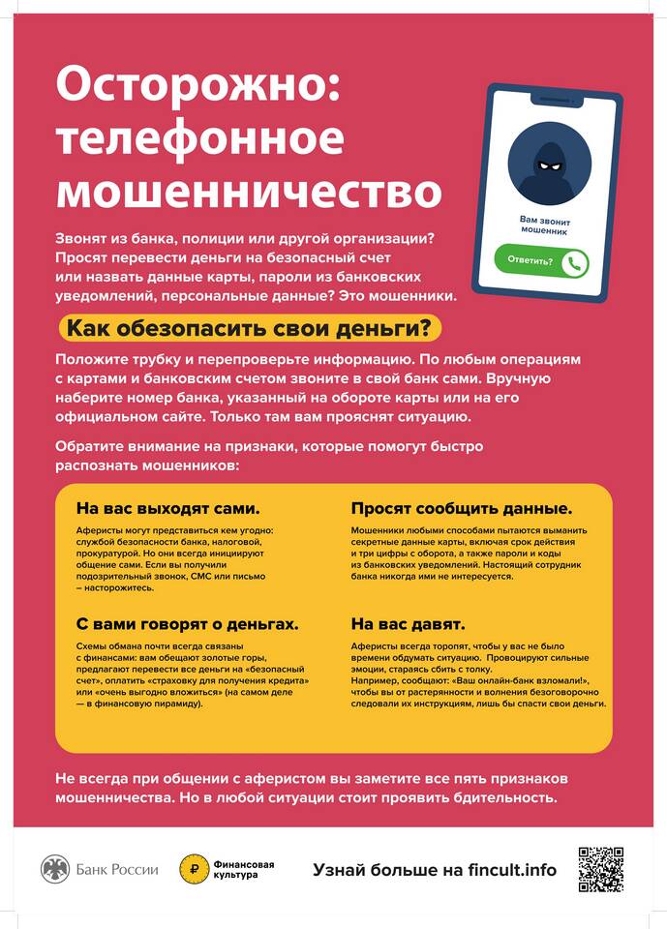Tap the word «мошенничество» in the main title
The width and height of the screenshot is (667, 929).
point(248,190)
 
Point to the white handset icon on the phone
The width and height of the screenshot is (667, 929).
point(576,261)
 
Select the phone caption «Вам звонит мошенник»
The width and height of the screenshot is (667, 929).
point(542,226)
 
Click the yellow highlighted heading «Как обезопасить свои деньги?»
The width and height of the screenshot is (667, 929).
point(251,328)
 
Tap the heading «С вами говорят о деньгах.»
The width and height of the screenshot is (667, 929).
point(187,623)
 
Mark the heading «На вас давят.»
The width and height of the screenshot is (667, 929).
point(408,623)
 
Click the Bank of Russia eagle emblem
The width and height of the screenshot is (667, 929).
point(55,869)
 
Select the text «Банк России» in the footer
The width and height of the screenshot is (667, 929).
point(117,869)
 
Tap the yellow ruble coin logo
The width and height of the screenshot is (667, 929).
point(194,869)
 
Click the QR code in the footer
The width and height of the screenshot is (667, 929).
point(600,869)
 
